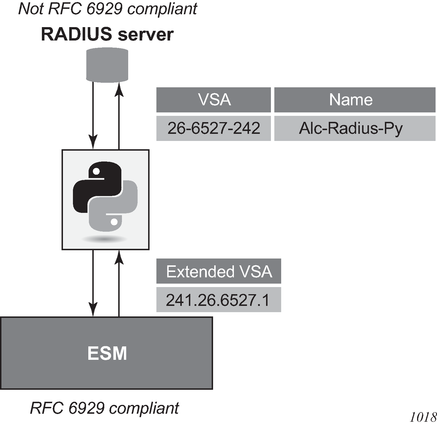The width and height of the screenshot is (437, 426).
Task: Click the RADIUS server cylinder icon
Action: pyautogui.click(x=107, y=65)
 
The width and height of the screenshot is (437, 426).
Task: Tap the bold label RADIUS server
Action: pyautogui.click(x=107, y=35)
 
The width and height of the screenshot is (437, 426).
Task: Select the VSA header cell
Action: pyautogui.click(x=214, y=100)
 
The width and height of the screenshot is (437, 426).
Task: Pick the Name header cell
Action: pyautogui.click(x=355, y=100)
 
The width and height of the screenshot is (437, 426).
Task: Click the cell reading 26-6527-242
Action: pyautogui.click(x=214, y=128)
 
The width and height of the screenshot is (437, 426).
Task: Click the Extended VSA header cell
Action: pyautogui.click(x=219, y=271)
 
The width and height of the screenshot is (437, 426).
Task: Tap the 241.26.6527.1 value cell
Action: pyautogui.click(x=219, y=300)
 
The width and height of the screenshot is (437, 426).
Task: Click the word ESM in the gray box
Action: pyautogui.click(x=107, y=354)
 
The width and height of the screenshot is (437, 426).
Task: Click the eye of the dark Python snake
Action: pyautogui.click(x=96, y=171)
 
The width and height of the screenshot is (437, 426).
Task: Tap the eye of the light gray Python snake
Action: pyautogui.click(x=115, y=222)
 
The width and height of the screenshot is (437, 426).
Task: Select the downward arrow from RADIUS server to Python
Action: pyautogui.click(x=93, y=114)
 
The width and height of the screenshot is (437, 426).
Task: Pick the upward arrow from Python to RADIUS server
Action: pyautogui.click(x=119, y=114)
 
